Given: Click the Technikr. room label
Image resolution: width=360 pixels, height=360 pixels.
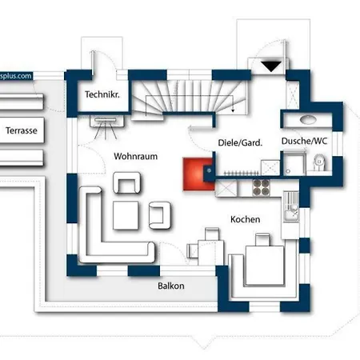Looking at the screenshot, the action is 102,94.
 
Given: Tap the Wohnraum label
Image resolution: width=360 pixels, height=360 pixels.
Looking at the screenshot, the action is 135,156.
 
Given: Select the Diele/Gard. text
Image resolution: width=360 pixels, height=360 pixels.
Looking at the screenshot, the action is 240,142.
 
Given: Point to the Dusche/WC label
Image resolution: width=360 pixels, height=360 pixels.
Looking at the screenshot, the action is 304,141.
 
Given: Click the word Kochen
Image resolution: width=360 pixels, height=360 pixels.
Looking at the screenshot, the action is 246,219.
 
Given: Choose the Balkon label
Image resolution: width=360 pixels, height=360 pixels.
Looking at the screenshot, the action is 171,286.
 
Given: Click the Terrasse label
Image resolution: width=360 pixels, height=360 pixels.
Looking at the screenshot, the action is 22,130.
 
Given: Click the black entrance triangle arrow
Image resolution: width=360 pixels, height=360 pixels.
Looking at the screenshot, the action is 271,66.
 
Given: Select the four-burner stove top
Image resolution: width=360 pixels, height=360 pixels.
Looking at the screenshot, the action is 262,187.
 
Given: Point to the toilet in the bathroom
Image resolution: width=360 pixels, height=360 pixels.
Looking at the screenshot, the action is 319,162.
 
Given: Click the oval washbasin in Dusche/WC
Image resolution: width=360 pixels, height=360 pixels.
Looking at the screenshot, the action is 308,119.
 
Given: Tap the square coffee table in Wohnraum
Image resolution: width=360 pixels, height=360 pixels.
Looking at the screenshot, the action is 126,215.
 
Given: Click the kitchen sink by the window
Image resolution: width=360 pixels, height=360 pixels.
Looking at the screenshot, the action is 291,206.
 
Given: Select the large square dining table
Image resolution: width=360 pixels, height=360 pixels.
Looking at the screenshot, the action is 265,266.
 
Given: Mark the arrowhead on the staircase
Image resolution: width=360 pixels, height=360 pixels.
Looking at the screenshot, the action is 233,110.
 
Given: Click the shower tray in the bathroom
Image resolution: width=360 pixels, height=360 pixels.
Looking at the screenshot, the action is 294,163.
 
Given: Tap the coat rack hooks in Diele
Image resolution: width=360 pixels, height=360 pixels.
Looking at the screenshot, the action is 241,174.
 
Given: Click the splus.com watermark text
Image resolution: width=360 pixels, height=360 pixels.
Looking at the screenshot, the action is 16,76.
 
